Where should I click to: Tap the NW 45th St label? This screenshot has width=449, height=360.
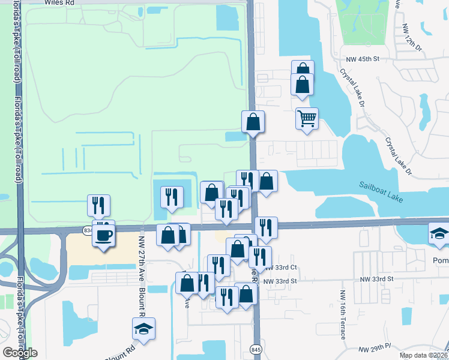click(x=364, y=59)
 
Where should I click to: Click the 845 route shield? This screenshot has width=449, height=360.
click(x=257, y=349)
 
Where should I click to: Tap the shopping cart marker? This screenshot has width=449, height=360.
click(x=307, y=118)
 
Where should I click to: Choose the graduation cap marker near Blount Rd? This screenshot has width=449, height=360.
click(x=144, y=328)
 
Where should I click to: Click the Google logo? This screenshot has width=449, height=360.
click(x=19, y=353)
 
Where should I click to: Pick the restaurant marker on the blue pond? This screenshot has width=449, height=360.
click(x=172, y=197)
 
